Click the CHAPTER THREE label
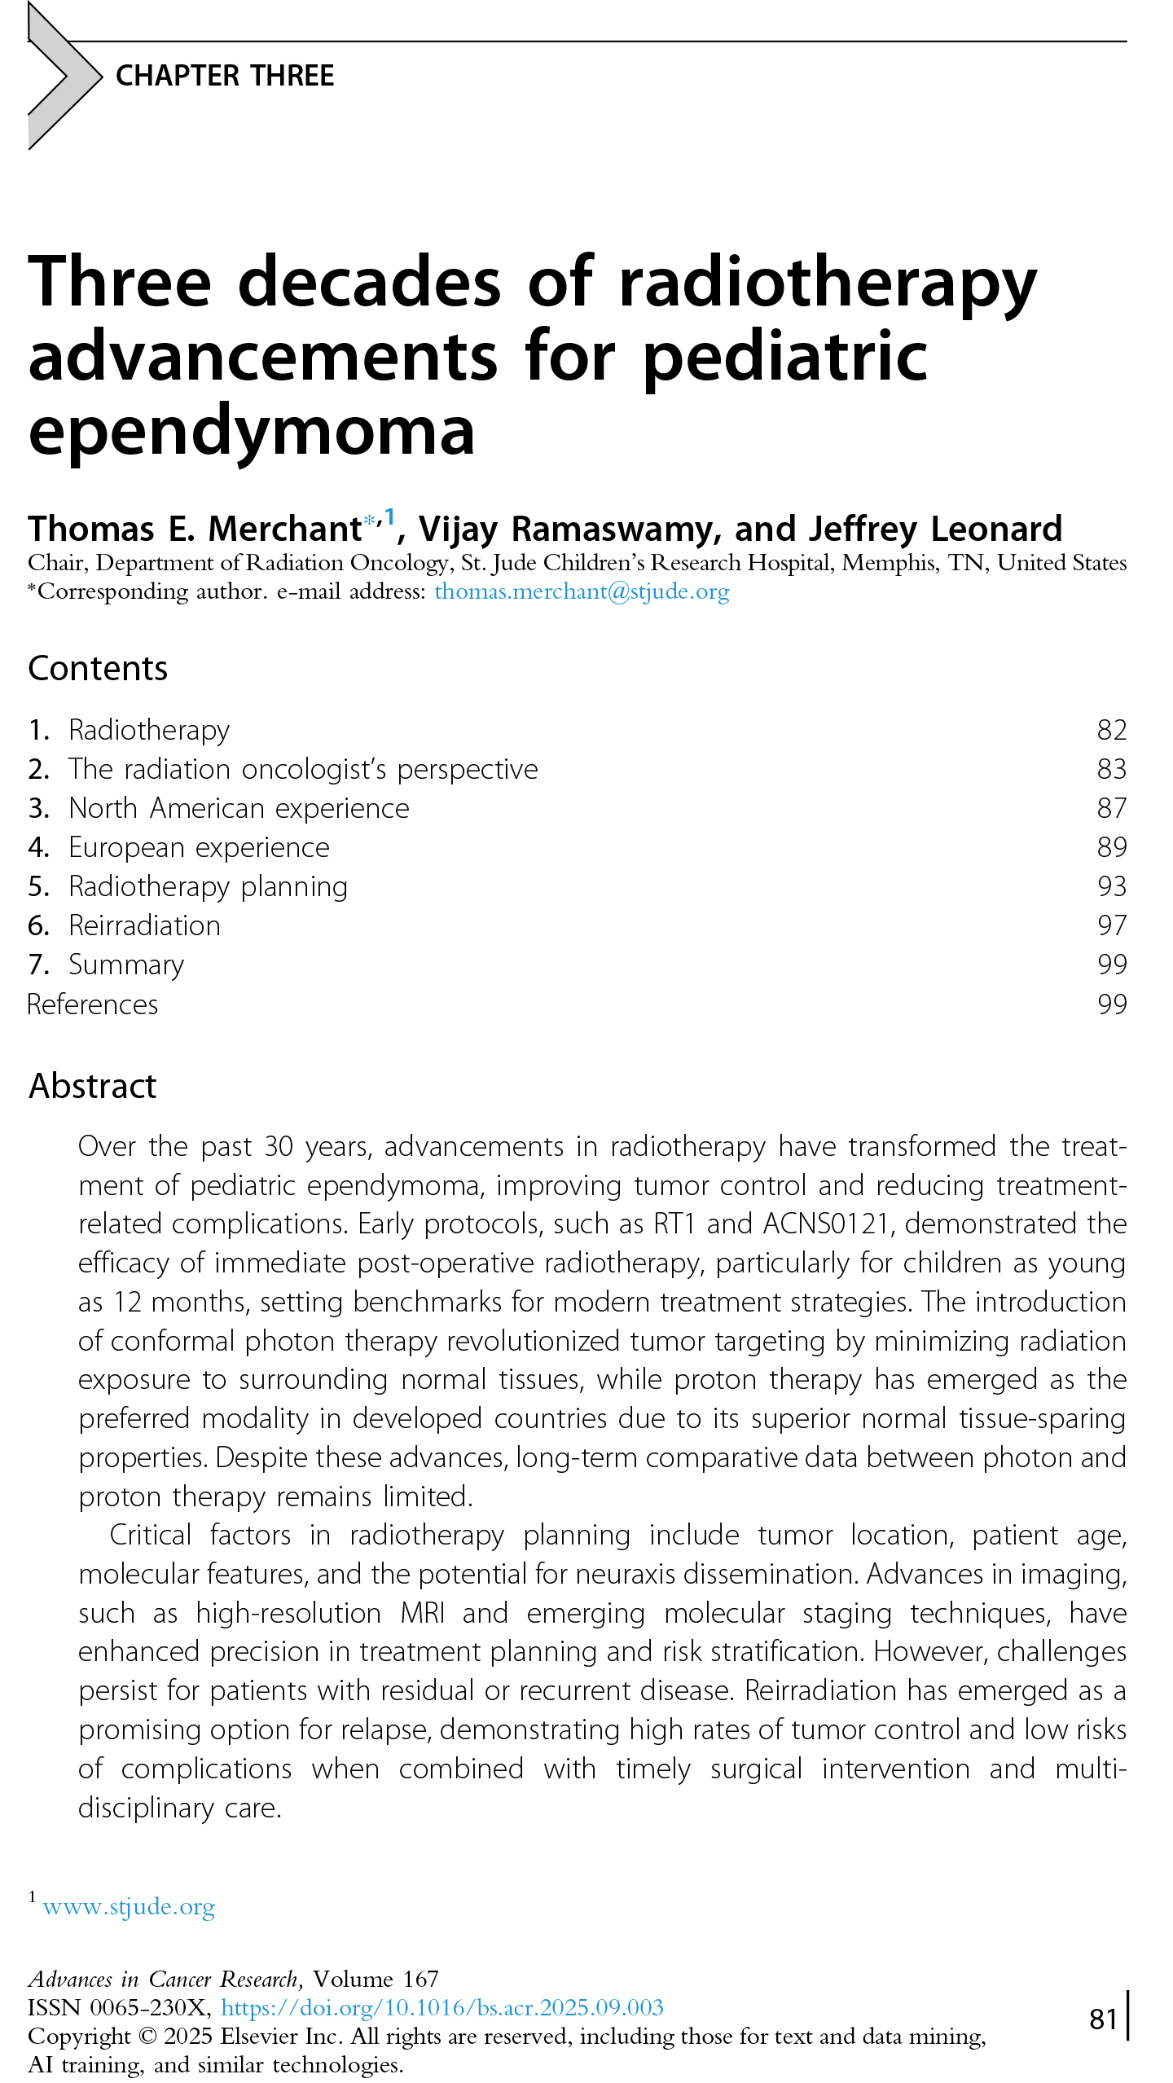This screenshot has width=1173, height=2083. tap(225, 76)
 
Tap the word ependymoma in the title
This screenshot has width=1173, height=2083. tap(252, 432)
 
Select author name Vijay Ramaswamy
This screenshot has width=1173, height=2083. tap(569, 530)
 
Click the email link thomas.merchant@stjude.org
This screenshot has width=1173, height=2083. tap(582, 591)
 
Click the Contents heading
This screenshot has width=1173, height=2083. tap(98, 669)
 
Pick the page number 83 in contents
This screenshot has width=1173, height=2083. tap(1111, 769)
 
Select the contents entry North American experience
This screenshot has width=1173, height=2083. tap(239, 808)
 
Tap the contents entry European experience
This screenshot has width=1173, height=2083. tap(199, 847)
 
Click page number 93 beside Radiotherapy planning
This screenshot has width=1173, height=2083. tap(1111, 886)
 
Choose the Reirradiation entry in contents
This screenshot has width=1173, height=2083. tap(144, 925)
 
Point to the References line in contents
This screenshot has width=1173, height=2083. tap(93, 1004)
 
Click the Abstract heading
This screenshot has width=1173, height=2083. tap(92, 1087)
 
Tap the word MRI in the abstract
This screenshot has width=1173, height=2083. tap(422, 1613)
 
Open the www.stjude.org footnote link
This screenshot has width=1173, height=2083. tap(129, 1907)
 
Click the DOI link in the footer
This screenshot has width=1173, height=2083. tap(442, 2007)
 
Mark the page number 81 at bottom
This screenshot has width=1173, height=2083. tap(1103, 2019)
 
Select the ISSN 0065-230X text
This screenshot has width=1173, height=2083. tap(119, 2007)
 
